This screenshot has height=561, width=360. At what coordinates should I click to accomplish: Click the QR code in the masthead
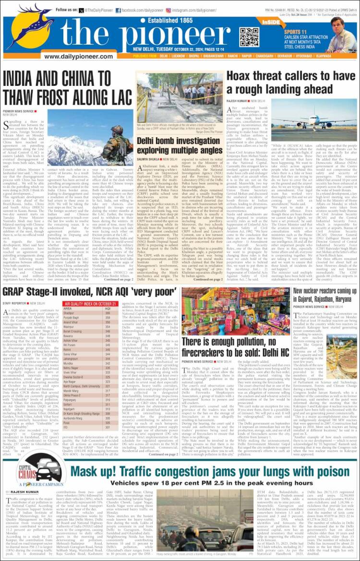click(249, 36)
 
